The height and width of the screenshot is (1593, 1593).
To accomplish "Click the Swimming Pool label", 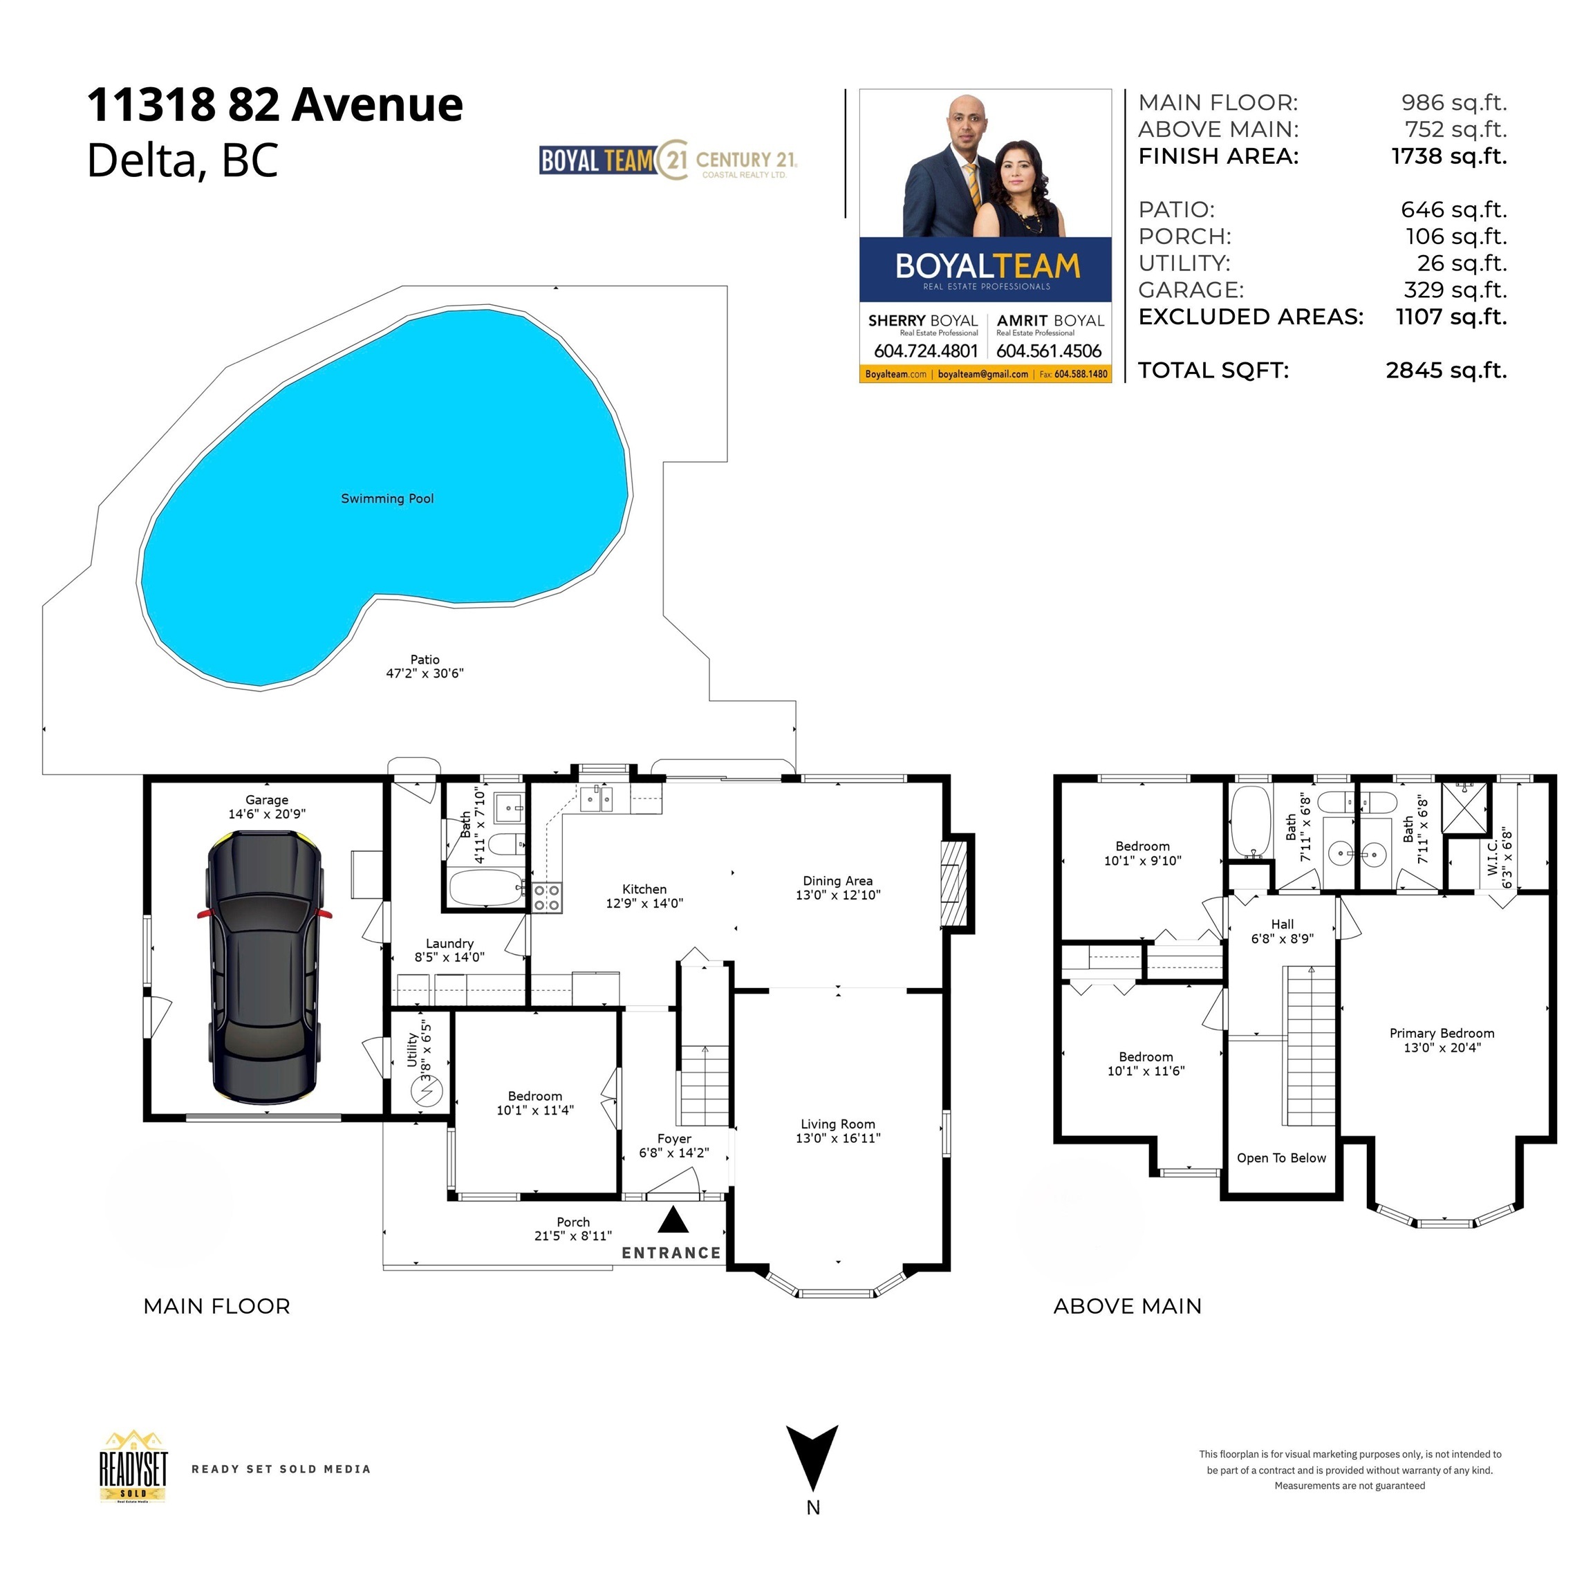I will pos(386,499).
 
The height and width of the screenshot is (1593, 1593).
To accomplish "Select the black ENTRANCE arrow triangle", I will pos(673,1220).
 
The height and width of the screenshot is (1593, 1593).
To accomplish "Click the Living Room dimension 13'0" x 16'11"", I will pos(838,1138).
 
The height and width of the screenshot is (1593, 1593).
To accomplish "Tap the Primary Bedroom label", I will pos(1442,1033).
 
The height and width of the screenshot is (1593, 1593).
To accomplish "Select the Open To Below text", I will pos(1280,1157).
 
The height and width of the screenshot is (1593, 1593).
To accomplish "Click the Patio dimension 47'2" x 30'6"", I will pos(425,673).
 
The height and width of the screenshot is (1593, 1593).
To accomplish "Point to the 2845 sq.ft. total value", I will pos(1446,370).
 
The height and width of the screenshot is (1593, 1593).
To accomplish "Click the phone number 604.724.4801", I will pos(925,351).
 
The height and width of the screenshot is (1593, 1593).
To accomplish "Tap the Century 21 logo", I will pos(727,161).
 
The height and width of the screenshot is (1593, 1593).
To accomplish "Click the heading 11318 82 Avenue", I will pos(274,104).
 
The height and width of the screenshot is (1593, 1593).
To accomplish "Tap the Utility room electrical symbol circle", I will pos(427,1092).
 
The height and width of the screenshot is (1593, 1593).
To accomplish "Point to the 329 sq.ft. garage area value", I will pos(1455,290).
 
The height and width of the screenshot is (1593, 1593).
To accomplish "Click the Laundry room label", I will pos(449,943).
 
